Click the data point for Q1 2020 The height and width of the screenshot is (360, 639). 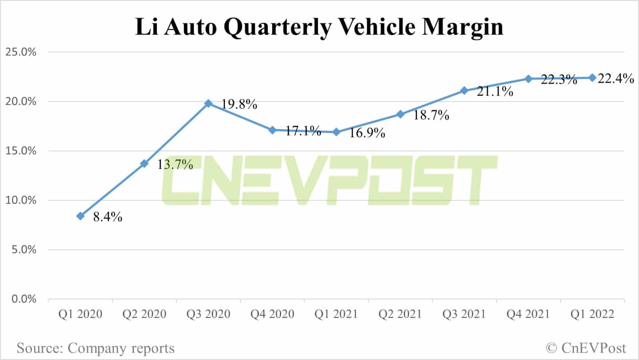point(81,216)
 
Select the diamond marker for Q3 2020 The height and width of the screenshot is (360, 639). point(208,104)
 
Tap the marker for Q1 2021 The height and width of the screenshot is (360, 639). point(336,132)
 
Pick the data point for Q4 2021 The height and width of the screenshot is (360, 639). point(528,79)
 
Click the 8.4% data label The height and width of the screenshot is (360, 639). point(108,217)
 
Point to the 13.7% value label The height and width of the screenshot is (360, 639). point(175,164)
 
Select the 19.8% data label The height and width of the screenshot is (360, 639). point(239,104)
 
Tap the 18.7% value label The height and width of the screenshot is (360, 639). point(431,115)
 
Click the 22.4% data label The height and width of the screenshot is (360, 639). point(616,78)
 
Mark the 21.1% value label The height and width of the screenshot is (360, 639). point(495,91)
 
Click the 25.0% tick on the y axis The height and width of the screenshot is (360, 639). point(21,52)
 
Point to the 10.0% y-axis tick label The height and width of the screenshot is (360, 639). point(21,200)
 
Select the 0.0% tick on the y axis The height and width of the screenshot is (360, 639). point(24,299)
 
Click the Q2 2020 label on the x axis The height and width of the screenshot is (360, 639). point(144,314)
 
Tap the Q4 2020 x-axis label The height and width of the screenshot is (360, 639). point(272,314)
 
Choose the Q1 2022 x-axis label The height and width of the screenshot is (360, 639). point(592,314)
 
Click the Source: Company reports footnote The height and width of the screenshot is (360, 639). point(96,348)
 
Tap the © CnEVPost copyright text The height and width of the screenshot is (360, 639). point(586,348)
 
